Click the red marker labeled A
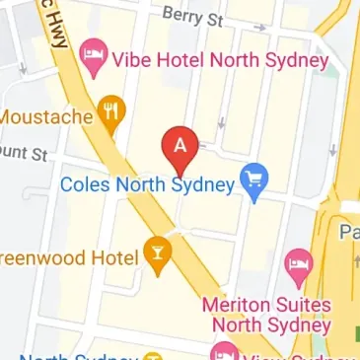(x=180, y=148)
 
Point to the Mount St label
(x=25, y=153)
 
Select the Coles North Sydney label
(x=149, y=183)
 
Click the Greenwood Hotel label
(x=67, y=258)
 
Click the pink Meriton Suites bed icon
(x=296, y=263)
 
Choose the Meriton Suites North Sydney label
(x=266, y=313)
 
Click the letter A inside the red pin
(x=180, y=142)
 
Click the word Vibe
(x=138, y=61)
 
